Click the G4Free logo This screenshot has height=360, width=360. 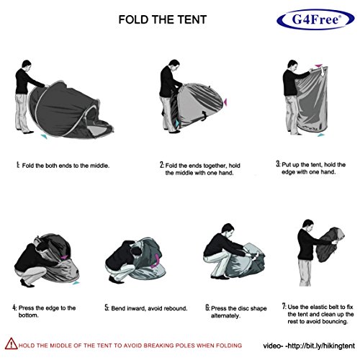tap(315, 19)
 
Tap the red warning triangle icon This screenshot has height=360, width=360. tap(11, 343)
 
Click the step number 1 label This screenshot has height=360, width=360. tap(17, 165)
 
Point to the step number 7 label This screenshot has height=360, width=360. tap(284, 307)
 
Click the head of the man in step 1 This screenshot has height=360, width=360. tap(27, 65)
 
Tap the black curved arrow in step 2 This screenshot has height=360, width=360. tap(204, 115)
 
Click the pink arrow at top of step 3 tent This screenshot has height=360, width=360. tap(319, 66)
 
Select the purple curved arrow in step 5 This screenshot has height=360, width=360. tap(156, 261)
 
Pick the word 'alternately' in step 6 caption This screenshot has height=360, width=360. tap(225, 316)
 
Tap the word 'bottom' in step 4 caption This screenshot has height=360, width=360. tap(29, 315)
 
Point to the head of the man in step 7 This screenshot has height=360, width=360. tap(307, 225)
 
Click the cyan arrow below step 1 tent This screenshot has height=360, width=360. tap(44, 136)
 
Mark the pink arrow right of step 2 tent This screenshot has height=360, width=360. tap(225, 102)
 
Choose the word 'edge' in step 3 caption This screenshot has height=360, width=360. tap(288, 172)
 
